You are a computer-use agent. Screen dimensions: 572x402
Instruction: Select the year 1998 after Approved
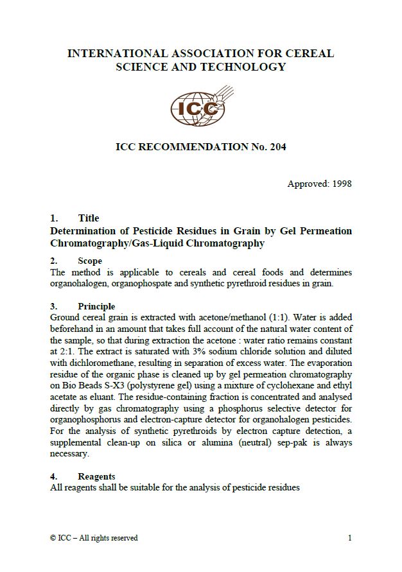point(340,184)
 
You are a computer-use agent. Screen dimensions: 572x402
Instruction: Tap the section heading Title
point(89,218)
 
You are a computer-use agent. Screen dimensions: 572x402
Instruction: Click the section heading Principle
point(96,306)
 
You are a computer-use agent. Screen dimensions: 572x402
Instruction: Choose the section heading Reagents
point(97,476)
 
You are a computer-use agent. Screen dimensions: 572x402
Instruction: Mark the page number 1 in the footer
point(349,538)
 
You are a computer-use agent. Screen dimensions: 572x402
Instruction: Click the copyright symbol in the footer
point(53,538)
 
